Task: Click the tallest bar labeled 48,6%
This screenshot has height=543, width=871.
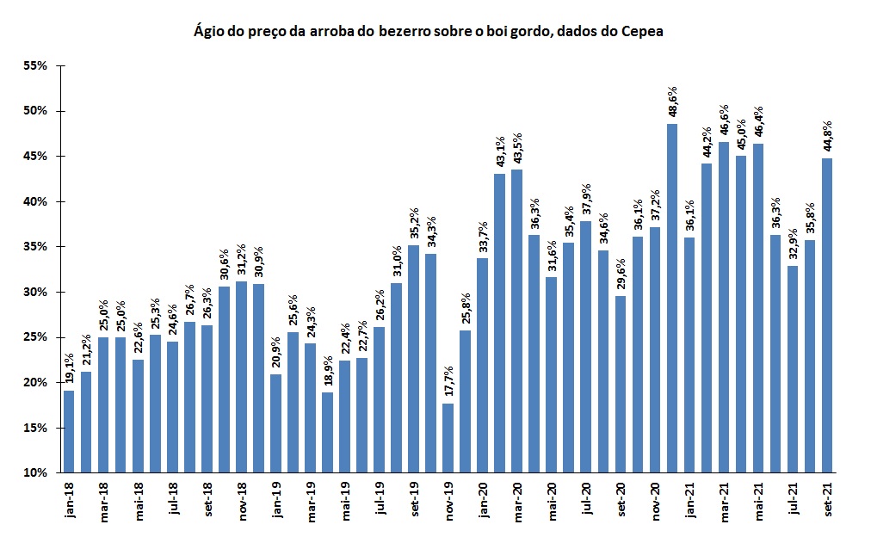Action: point(672,298)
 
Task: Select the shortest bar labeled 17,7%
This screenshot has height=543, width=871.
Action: point(448,437)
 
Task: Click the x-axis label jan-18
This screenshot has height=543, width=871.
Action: point(69,498)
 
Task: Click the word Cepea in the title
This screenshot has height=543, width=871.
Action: point(644,32)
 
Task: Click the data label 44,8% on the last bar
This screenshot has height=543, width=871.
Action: point(828,138)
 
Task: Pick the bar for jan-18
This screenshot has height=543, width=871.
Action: point(69,431)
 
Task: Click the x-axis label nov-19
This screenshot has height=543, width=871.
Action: point(448,499)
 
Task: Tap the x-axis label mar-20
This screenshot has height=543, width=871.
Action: point(516,499)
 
